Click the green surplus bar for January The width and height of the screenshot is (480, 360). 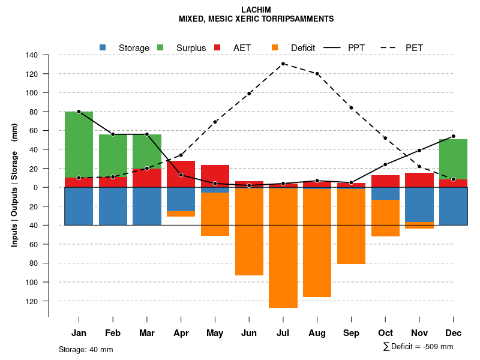pos(79,144)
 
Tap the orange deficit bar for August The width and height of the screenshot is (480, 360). pos(317,243)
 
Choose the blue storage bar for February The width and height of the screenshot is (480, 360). pos(113,206)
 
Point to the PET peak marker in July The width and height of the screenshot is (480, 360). pos(283,64)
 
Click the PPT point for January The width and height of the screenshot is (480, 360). pos(79,112)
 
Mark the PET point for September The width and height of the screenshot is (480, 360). pos(351,108)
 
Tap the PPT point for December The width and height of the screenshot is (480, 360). pos(453,136)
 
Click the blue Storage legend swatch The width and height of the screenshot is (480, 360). pos(103,47)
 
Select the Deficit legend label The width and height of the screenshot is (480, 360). pos(303,48)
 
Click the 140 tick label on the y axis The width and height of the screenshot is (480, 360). pos(32,55)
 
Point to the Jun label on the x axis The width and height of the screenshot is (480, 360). pos(249,333)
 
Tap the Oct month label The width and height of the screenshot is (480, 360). pos(385,333)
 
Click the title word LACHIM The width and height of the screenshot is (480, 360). pos(256,10)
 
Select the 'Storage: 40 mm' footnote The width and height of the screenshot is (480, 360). pos(86,349)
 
